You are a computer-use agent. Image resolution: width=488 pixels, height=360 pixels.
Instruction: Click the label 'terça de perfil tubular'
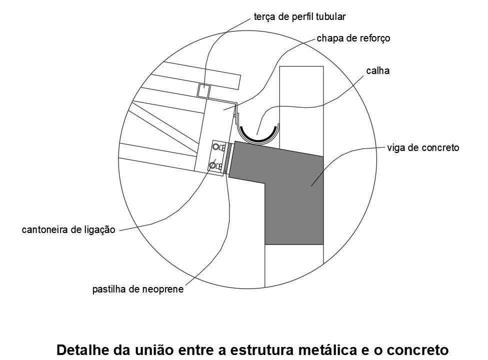tap(299, 17)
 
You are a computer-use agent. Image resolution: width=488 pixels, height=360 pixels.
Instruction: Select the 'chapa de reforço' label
tap(353, 38)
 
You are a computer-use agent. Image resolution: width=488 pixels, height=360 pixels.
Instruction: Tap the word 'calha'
tap(378, 70)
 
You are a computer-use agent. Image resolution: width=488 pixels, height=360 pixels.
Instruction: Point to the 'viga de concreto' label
tap(423, 147)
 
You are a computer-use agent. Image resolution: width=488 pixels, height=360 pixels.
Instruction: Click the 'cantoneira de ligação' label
tap(68, 229)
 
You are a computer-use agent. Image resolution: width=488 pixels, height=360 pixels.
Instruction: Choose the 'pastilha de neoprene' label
tap(138, 289)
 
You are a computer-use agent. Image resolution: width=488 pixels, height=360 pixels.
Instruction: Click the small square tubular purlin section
tap(204, 90)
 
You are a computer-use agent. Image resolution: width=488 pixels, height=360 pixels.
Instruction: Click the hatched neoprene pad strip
tap(226, 158)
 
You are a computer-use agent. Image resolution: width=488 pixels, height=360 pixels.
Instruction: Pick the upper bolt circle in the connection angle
tap(215, 146)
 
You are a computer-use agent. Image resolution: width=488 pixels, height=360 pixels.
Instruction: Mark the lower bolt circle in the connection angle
tap(213, 165)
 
